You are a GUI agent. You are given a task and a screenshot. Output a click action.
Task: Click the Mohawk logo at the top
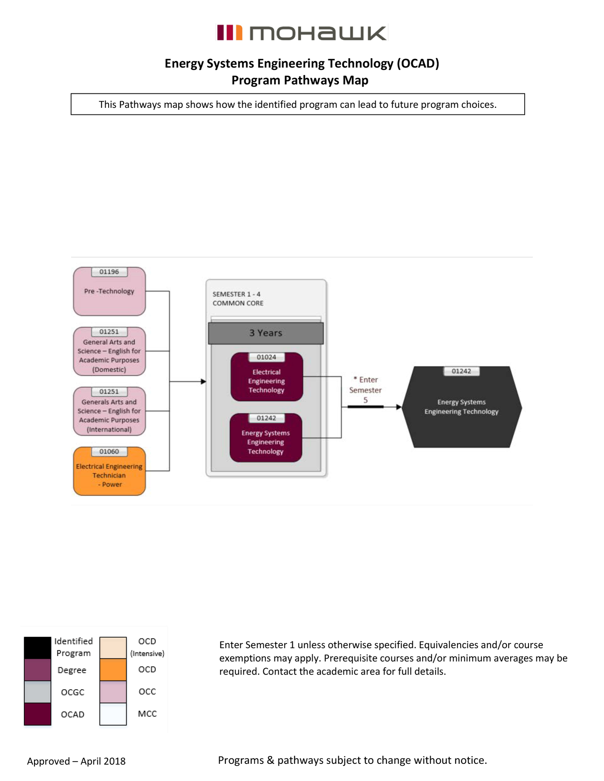pos(301,33)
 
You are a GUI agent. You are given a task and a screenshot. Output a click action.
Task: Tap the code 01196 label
pos(109,272)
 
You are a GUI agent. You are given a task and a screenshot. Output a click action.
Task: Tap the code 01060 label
pos(109,451)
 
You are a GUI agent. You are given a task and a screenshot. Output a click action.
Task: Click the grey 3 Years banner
pos(266,333)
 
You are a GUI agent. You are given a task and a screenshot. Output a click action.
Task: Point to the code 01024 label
pos(266,357)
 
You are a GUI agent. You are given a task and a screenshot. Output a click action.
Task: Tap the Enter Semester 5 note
pos(365,390)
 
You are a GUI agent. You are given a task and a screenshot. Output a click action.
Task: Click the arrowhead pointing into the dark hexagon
pos(398,407)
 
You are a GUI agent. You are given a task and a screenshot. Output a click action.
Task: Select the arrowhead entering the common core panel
pos(203,382)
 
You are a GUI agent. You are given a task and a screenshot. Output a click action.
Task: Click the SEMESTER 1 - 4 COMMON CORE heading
pos(238,299)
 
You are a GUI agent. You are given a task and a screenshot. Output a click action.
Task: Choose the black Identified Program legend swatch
pos(38,647)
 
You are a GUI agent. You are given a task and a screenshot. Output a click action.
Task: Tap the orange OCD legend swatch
pos(113,670)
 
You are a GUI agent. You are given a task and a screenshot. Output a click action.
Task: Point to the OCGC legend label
pos(73,692)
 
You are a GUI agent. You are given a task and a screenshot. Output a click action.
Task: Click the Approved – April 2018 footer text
pos(76,761)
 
